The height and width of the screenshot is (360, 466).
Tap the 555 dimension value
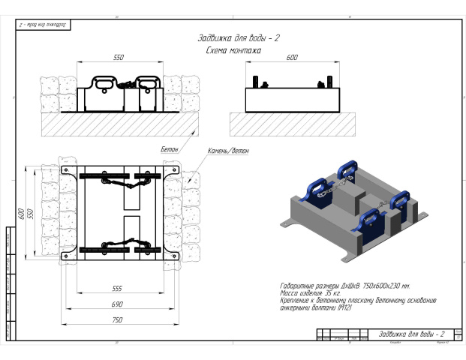coord(117,287)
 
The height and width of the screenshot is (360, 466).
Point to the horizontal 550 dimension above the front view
coord(118,57)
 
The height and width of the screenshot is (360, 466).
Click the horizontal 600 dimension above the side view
coord(292,57)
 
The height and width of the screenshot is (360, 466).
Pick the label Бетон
coord(170,150)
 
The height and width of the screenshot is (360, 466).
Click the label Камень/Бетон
coord(229,151)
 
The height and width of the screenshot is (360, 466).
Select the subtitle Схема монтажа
coord(233,50)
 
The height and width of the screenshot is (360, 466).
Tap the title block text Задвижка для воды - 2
coord(411,333)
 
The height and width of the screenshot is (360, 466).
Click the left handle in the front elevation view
coord(104,82)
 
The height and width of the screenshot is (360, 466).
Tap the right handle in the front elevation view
coord(147,82)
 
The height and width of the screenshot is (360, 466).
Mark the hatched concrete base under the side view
coord(292,124)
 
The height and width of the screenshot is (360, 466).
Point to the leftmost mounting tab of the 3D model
coord(289,223)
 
